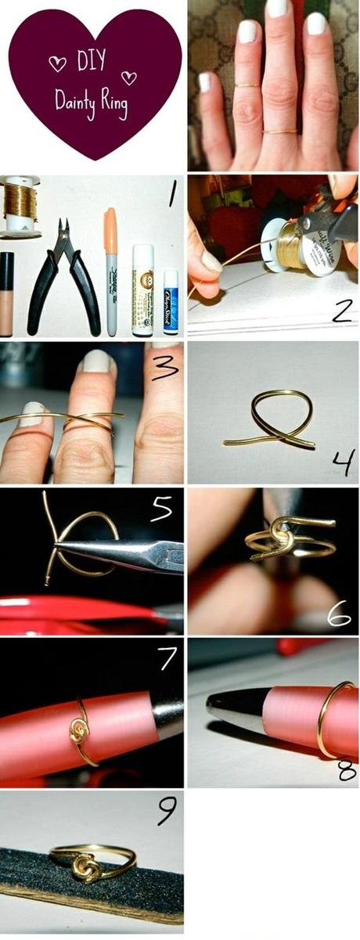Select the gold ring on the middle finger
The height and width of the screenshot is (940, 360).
[280, 131]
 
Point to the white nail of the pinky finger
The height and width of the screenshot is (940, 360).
[204, 82]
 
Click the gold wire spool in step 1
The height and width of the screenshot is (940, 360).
[20, 206]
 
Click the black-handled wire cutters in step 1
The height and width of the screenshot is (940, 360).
[63, 274]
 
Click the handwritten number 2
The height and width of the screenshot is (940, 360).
[340, 311]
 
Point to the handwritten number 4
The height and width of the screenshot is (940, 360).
[342, 463]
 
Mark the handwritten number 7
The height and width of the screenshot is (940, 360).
[167, 658]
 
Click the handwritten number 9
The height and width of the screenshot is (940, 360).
[167, 812]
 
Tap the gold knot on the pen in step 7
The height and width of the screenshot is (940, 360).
[80, 732]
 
